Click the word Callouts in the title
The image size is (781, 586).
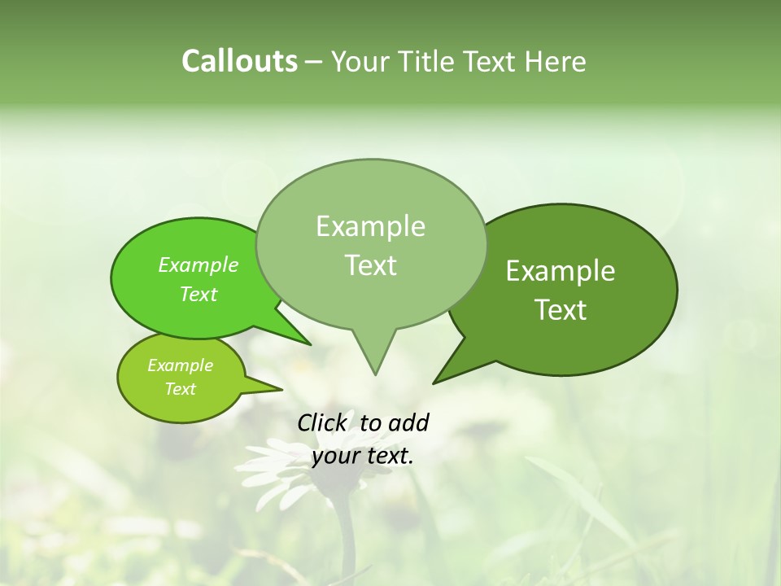(239, 61)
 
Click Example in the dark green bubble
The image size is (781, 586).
(561, 271)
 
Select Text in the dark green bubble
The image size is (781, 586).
(561, 310)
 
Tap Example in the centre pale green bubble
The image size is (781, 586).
(370, 226)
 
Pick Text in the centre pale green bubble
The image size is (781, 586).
(370, 265)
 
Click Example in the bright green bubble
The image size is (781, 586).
(198, 265)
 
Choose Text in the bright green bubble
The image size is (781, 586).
(198, 294)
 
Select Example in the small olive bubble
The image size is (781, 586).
(180, 365)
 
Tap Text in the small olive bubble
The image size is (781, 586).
(180, 389)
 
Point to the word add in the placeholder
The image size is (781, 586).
(408, 422)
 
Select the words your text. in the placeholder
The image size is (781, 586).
(363, 456)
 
